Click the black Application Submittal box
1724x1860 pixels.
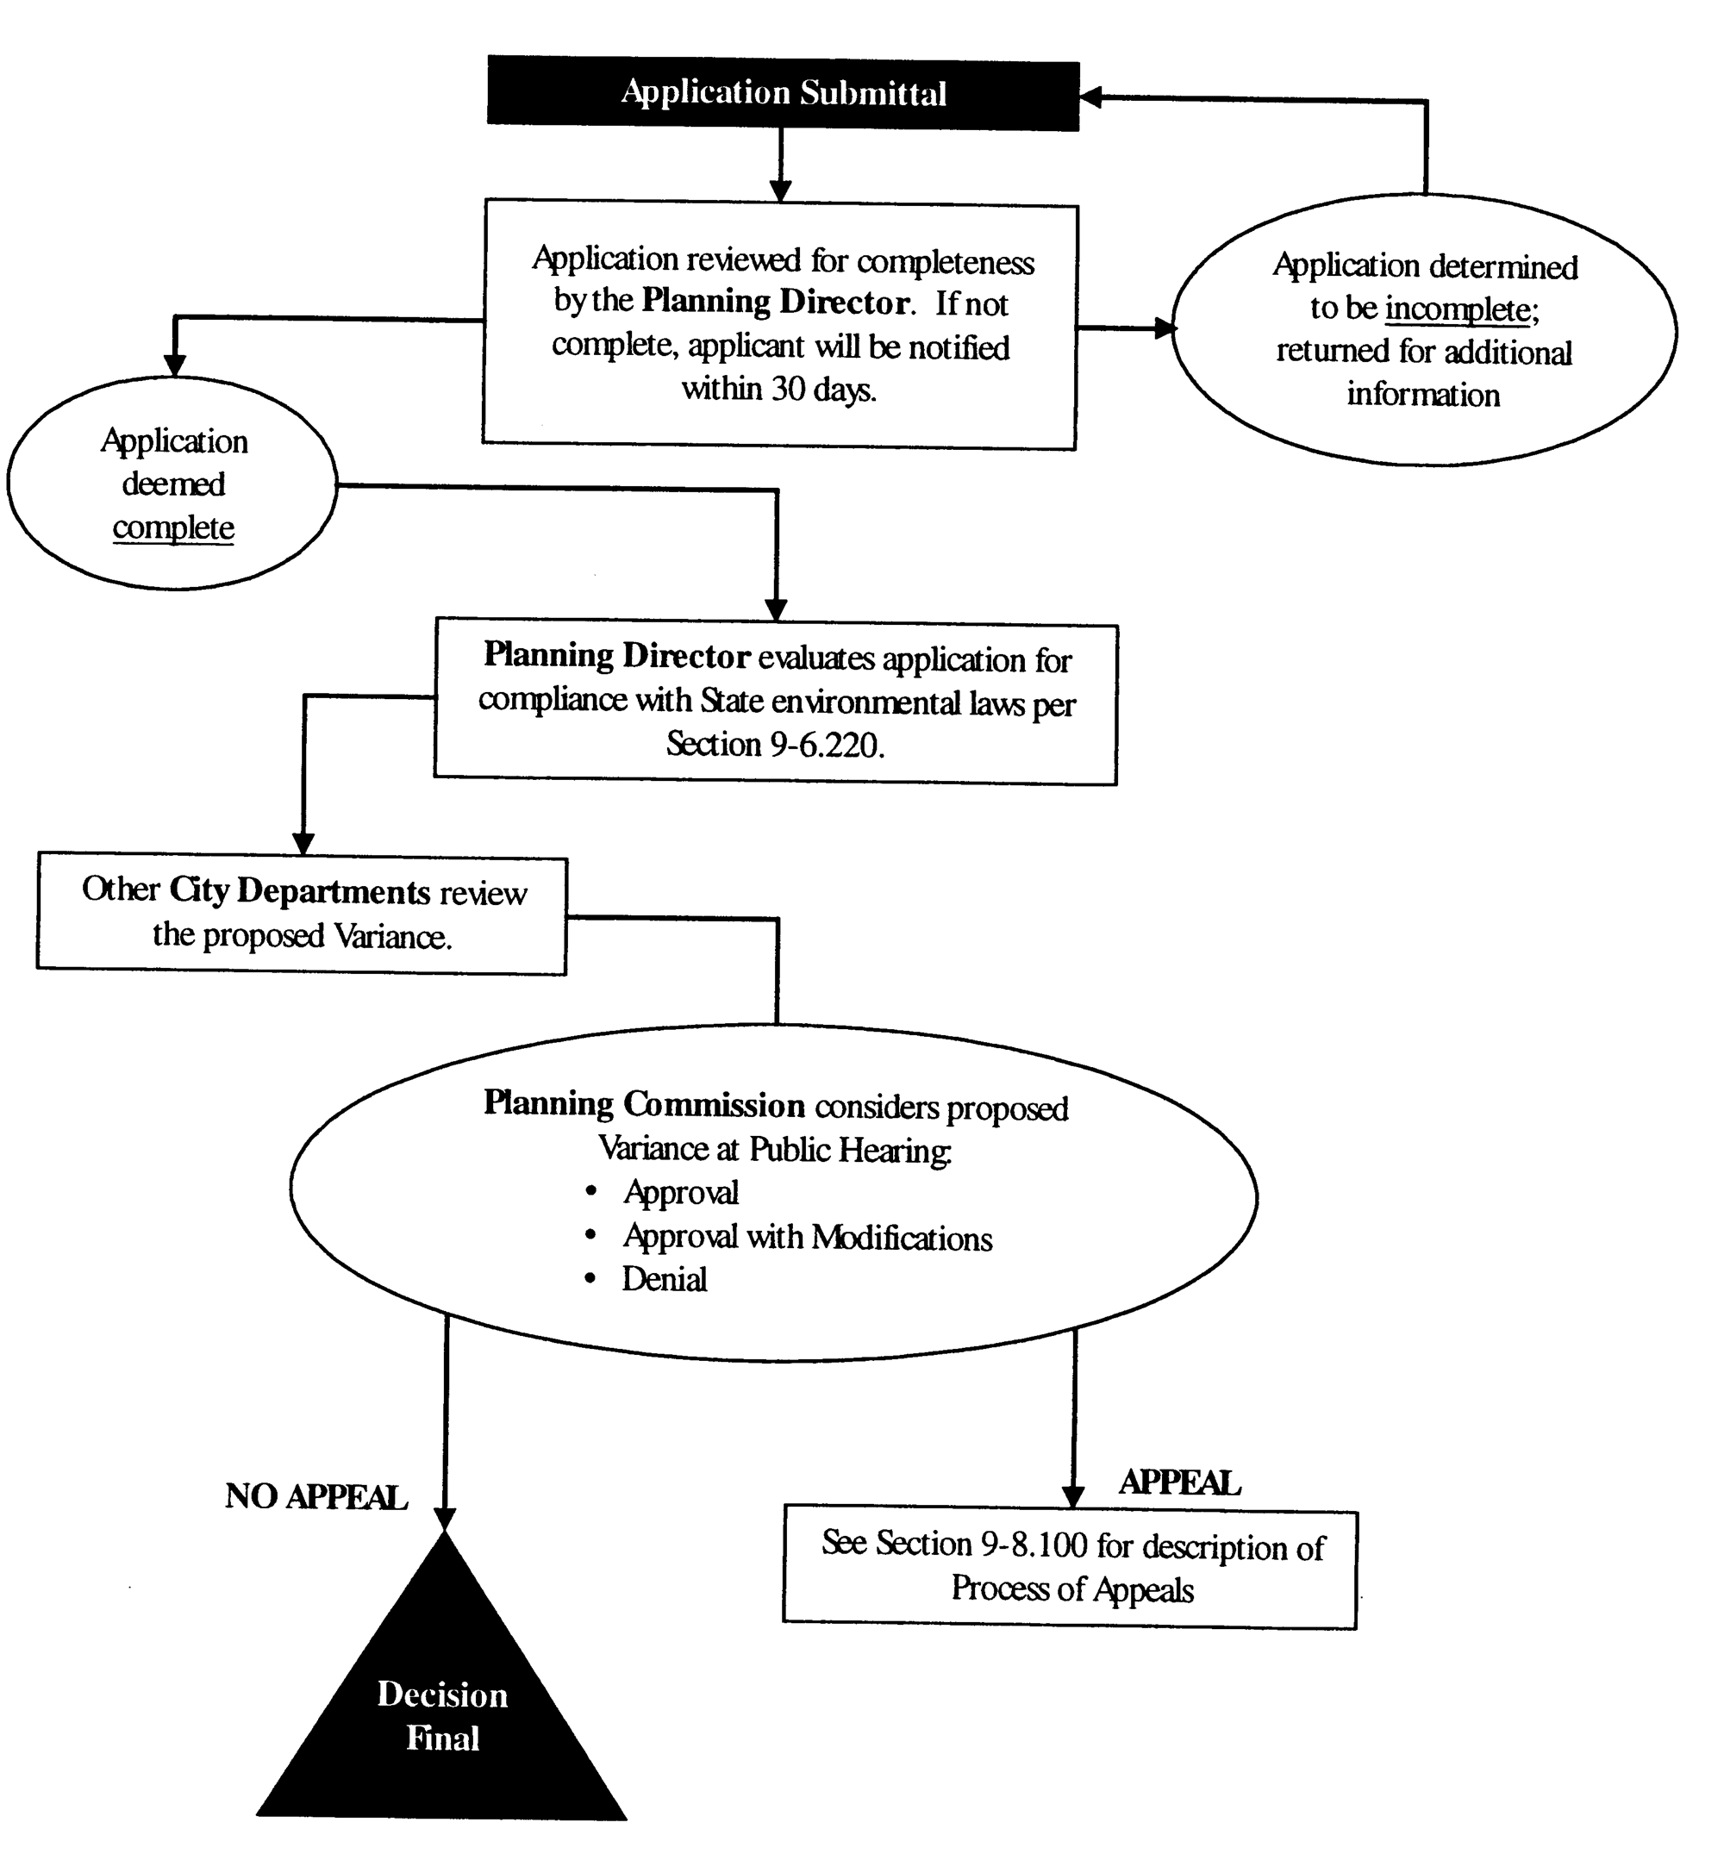pyautogui.click(x=783, y=92)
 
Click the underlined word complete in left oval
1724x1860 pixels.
pyautogui.click(x=173, y=528)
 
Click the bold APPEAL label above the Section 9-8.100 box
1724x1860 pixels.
pyautogui.click(x=1179, y=1482)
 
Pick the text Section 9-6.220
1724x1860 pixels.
pyautogui.click(x=774, y=745)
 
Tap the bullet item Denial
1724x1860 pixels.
pyautogui.click(x=665, y=1279)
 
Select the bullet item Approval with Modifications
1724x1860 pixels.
pyautogui.click(x=807, y=1237)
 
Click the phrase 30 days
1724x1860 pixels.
pyautogui.click(x=824, y=389)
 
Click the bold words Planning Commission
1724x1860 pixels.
pyautogui.click(x=644, y=1103)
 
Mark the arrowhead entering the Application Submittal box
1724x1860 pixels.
pyautogui.click(x=1090, y=96)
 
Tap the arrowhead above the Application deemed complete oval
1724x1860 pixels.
pyautogui.click(x=174, y=365)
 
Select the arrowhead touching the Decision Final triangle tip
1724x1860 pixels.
pyautogui.click(x=445, y=1518)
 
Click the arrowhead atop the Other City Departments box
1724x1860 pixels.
pyautogui.click(x=303, y=843)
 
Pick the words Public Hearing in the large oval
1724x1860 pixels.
pyautogui.click(x=850, y=1150)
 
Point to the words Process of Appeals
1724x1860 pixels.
pyautogui.click(x=1072, y=1588)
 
